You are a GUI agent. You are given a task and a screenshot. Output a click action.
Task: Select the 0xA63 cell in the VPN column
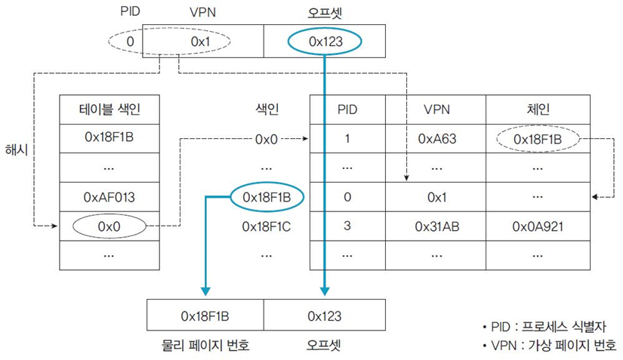[436, 139]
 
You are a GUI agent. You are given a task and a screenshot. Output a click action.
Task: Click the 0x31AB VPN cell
[436, 225]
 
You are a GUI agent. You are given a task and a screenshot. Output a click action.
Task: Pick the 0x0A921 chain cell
[537, 225]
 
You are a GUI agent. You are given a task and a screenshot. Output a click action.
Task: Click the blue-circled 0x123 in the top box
[325, 42]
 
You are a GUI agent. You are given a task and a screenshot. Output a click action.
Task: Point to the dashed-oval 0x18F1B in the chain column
[537, 139]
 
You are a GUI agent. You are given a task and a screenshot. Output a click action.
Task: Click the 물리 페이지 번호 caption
[205, 345]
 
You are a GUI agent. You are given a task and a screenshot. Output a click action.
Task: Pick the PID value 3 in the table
[347, 225]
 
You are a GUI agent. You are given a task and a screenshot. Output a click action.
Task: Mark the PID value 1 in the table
[347, 139]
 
